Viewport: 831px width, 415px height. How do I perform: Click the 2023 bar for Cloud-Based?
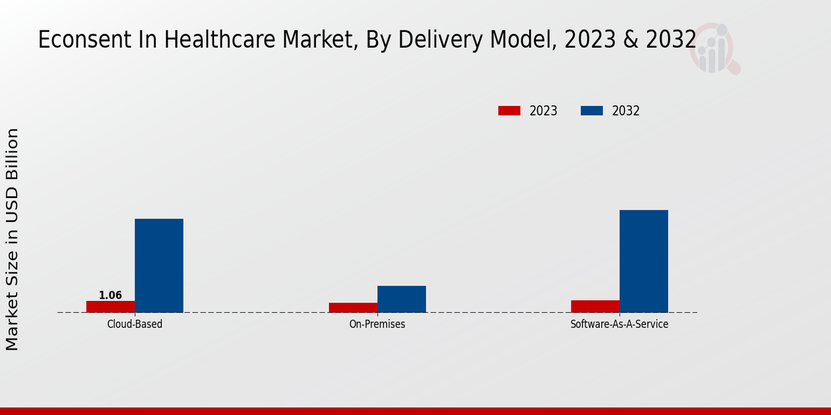(x=110, y=306)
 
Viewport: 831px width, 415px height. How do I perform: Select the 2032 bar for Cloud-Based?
(x=159, y=266)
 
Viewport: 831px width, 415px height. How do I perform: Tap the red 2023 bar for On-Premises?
(x=352, y=308)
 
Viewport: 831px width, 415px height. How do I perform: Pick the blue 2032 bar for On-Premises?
(x=401, y=299)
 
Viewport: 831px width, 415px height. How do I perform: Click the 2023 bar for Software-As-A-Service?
(x=595, y=306)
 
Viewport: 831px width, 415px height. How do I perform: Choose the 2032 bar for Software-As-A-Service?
(x=643, y=261)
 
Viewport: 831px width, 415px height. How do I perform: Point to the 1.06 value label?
(x=110, y=295)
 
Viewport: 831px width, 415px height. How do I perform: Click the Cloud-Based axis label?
(x=134, y=324)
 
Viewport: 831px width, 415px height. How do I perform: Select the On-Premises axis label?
(x=377, y=324)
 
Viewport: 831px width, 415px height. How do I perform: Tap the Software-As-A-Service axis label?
(x=619, y=324)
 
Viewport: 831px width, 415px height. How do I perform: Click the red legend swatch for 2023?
(x=509, y=111)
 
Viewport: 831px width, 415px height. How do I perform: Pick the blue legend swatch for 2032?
(x=591, y=111)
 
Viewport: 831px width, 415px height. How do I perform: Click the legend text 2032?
(x=625, y=111)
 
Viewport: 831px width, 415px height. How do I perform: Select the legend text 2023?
(x=543, y=111)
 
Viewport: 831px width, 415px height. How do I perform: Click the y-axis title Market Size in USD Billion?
(x=12, y=239)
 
